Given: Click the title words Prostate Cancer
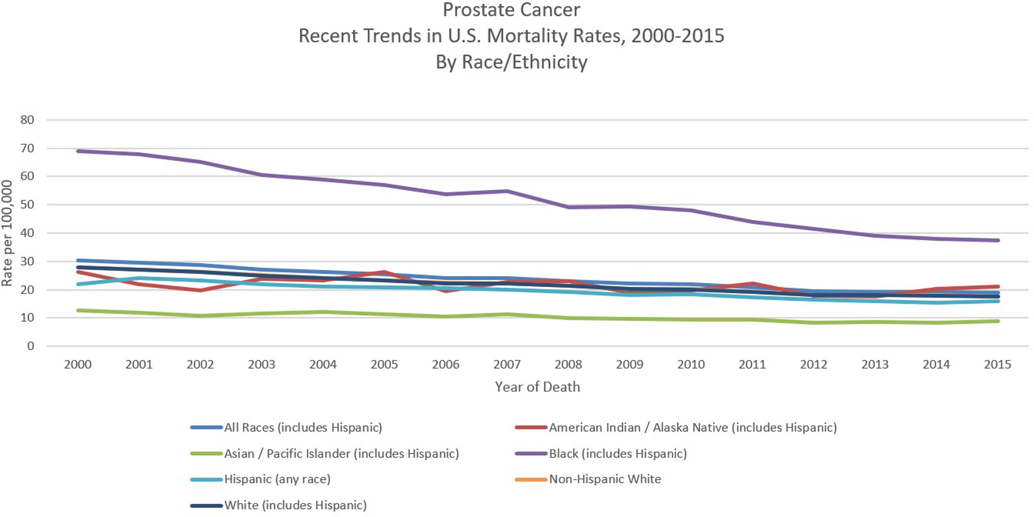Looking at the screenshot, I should coord(511,10).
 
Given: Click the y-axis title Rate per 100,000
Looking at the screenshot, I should coord(7,233).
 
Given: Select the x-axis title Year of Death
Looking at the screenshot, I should coord(537,387).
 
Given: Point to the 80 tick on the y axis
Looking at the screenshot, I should coord(27,120).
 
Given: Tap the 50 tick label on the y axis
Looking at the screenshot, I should coord(27,205).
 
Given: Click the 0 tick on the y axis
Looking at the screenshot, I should coord(30,346).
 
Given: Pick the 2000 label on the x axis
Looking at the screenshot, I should coord(78,365).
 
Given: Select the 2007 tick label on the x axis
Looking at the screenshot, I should coord(507,365).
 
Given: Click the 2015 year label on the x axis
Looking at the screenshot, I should coord(997,365).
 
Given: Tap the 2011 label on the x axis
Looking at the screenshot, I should coord(752,365).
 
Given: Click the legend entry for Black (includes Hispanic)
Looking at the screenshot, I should coord(617,453).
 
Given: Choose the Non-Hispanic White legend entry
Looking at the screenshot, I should coord(605,479).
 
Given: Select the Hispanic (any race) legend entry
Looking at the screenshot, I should coord(277,479).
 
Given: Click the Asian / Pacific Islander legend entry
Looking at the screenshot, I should coord(341,453).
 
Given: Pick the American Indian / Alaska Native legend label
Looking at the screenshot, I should coord(693,428).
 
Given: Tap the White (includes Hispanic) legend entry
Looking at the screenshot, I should coord(295,505).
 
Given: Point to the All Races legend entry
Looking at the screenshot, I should coord(303,428).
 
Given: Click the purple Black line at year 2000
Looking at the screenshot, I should coord(78,151).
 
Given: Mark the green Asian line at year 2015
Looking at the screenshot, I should coord(998,321).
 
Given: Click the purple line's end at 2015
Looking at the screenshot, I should coord(998,240).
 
